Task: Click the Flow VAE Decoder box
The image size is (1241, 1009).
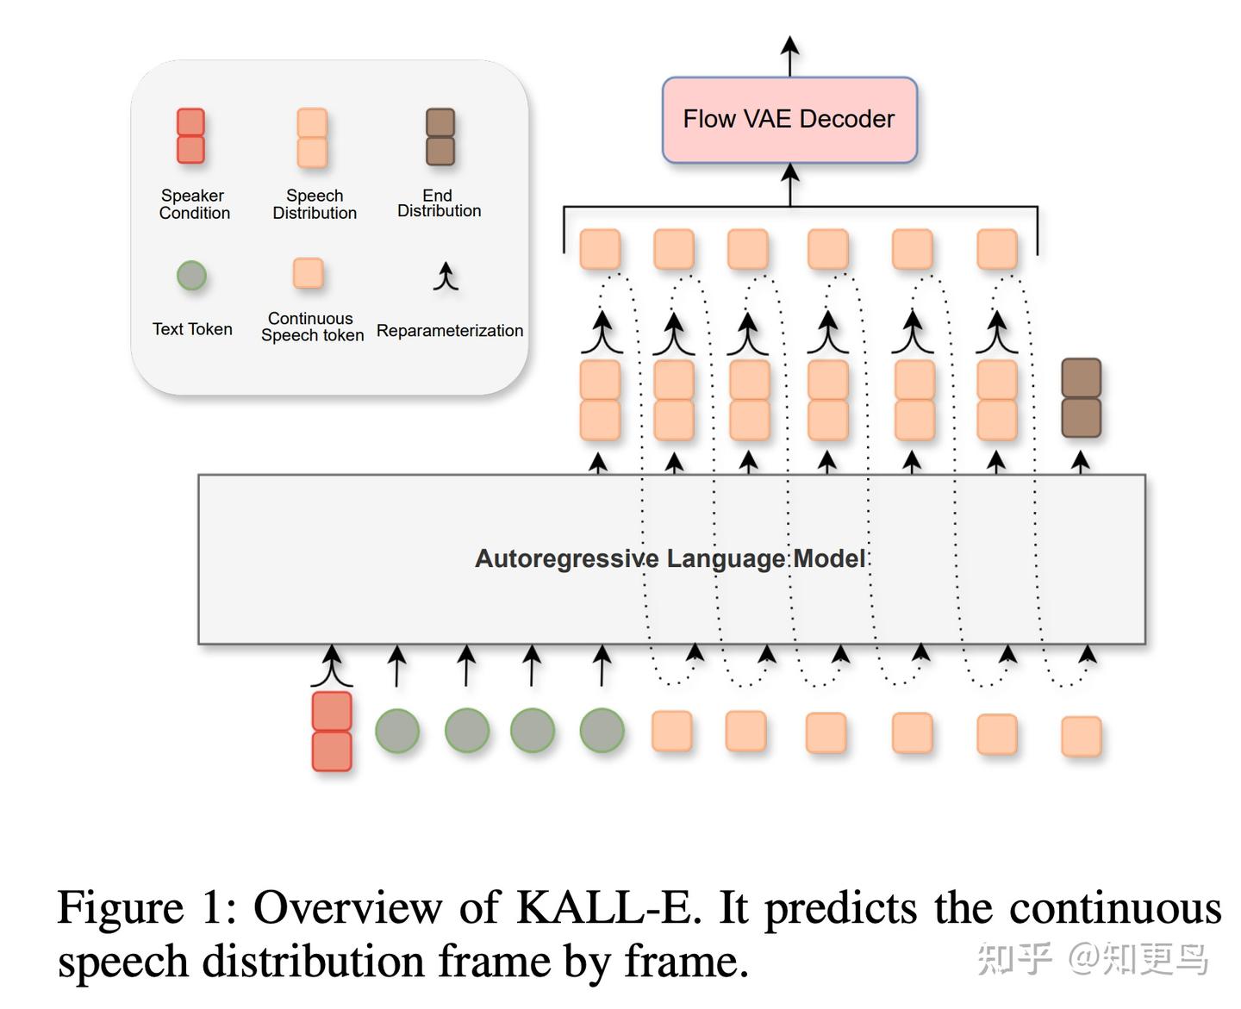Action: pos(789,120)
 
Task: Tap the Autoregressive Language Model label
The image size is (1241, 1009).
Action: pos(670,558)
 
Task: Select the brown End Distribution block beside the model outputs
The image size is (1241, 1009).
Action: pos(1082,398)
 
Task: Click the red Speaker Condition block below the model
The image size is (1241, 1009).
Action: pos(332,732)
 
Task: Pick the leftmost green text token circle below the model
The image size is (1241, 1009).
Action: pos(397,731)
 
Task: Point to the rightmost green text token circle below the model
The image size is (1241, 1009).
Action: pos(602,731)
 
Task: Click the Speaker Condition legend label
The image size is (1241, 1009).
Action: pos(194,204)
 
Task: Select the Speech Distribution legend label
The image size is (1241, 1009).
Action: pos(315,204)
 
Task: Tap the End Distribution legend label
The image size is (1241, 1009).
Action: pos(439,202)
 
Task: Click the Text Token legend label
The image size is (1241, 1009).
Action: pos(192,329)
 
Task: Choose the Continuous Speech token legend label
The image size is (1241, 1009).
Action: pos(312,327)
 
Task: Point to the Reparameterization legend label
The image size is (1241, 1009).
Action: pos(450,330)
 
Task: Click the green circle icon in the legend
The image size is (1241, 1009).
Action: pos(191,276)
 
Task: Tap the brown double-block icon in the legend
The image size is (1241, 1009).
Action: pos(440,137)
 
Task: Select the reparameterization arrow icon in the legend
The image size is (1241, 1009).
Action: pos(446,276)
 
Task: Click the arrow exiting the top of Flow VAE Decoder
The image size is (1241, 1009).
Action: pos(790,56)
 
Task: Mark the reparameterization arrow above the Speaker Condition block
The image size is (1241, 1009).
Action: pos(332,666)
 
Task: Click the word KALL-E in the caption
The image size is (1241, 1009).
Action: pos(608,907)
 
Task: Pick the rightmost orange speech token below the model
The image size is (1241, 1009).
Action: pos(1082,737)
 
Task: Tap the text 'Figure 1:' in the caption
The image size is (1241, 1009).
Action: pos(147,908)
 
